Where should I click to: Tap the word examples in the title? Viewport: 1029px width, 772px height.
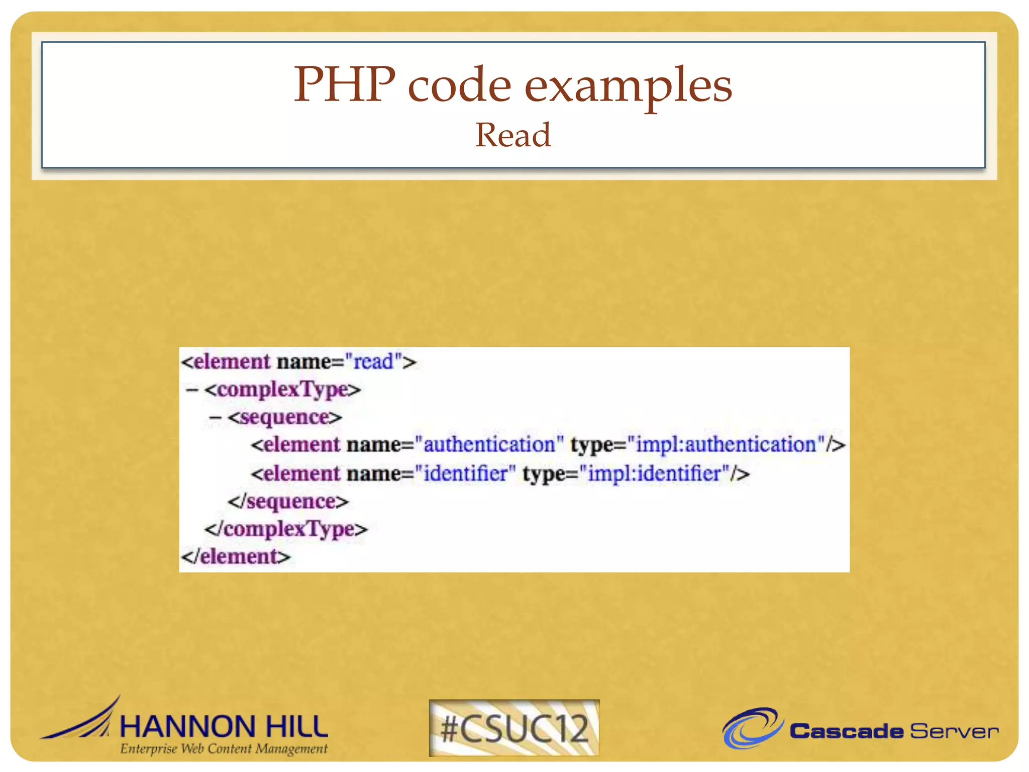pyautogui.click(x=628, y=86)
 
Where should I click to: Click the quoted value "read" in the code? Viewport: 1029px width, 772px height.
pyautogui.click(x=373, y=362)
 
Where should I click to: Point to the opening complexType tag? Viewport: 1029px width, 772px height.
pyautogui.click(x=282, y=390)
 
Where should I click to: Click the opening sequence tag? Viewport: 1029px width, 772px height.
pyautogui.click(x=285, y=417)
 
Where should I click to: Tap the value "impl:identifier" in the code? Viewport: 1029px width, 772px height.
pyautogui.click(x=659, y=473)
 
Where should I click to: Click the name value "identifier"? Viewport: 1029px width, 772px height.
pyautogui.click(x=465, y=473)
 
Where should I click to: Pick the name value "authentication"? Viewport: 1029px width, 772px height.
pyautogui.click(x=489, y=445)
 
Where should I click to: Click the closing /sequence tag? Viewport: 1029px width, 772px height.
pyautogui.click(x=288, y=501)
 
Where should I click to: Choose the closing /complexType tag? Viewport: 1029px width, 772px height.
pyautogui.click(x=286, y=529)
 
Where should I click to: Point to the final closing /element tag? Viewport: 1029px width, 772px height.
pyautogui.click(x=236, y=556)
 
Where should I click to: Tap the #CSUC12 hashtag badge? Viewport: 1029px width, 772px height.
pyautogui.click(x=514, y=728)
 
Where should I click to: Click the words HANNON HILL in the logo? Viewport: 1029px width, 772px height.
pyautogui.click(x=224, y=727)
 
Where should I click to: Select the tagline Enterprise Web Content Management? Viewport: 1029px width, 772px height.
pyautogui.click(x=224, y=749)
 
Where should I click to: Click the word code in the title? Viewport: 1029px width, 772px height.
pyautogui.click(x=459, y=85)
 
